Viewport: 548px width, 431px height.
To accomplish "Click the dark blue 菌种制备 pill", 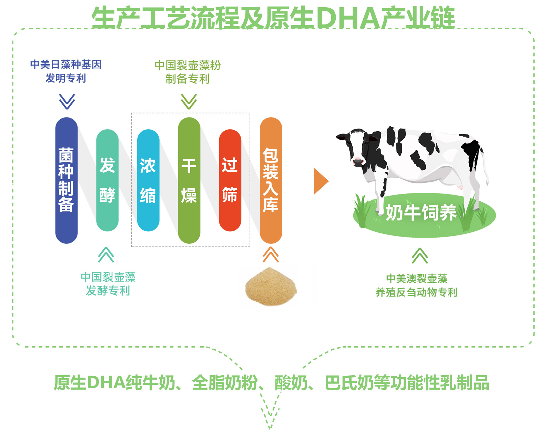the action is tap(67, 180).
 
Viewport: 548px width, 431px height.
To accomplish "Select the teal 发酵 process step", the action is tap(107, 180).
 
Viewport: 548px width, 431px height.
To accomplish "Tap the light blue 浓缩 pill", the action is tap(148, 180).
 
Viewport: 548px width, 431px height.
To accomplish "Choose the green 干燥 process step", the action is tap(189, 180).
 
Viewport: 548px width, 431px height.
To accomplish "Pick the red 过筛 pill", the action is tap(230, 180).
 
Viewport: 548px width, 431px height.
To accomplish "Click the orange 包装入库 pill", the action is tap(271, 180).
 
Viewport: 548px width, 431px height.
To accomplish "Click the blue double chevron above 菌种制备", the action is tap(67, 101).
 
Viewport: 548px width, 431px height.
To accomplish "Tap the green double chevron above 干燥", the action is tap(189, 101).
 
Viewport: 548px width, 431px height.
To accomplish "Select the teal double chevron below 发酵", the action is tap(106, 254).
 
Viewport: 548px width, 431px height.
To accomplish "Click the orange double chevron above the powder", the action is tap(271, 254).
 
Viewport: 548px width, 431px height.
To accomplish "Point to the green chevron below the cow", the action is tap(420, 255).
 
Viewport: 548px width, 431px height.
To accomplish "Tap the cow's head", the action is tap(356, 148).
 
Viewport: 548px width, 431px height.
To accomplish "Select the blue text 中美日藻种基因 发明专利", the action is tap(66, 71).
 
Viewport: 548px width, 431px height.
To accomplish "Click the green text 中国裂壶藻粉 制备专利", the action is tap(188, 72).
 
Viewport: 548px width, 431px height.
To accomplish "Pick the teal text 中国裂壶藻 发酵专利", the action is tap(108, 284).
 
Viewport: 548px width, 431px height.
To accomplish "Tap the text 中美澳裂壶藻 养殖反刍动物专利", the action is tap(416, 285).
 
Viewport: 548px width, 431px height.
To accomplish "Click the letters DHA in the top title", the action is tap(348, 18).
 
